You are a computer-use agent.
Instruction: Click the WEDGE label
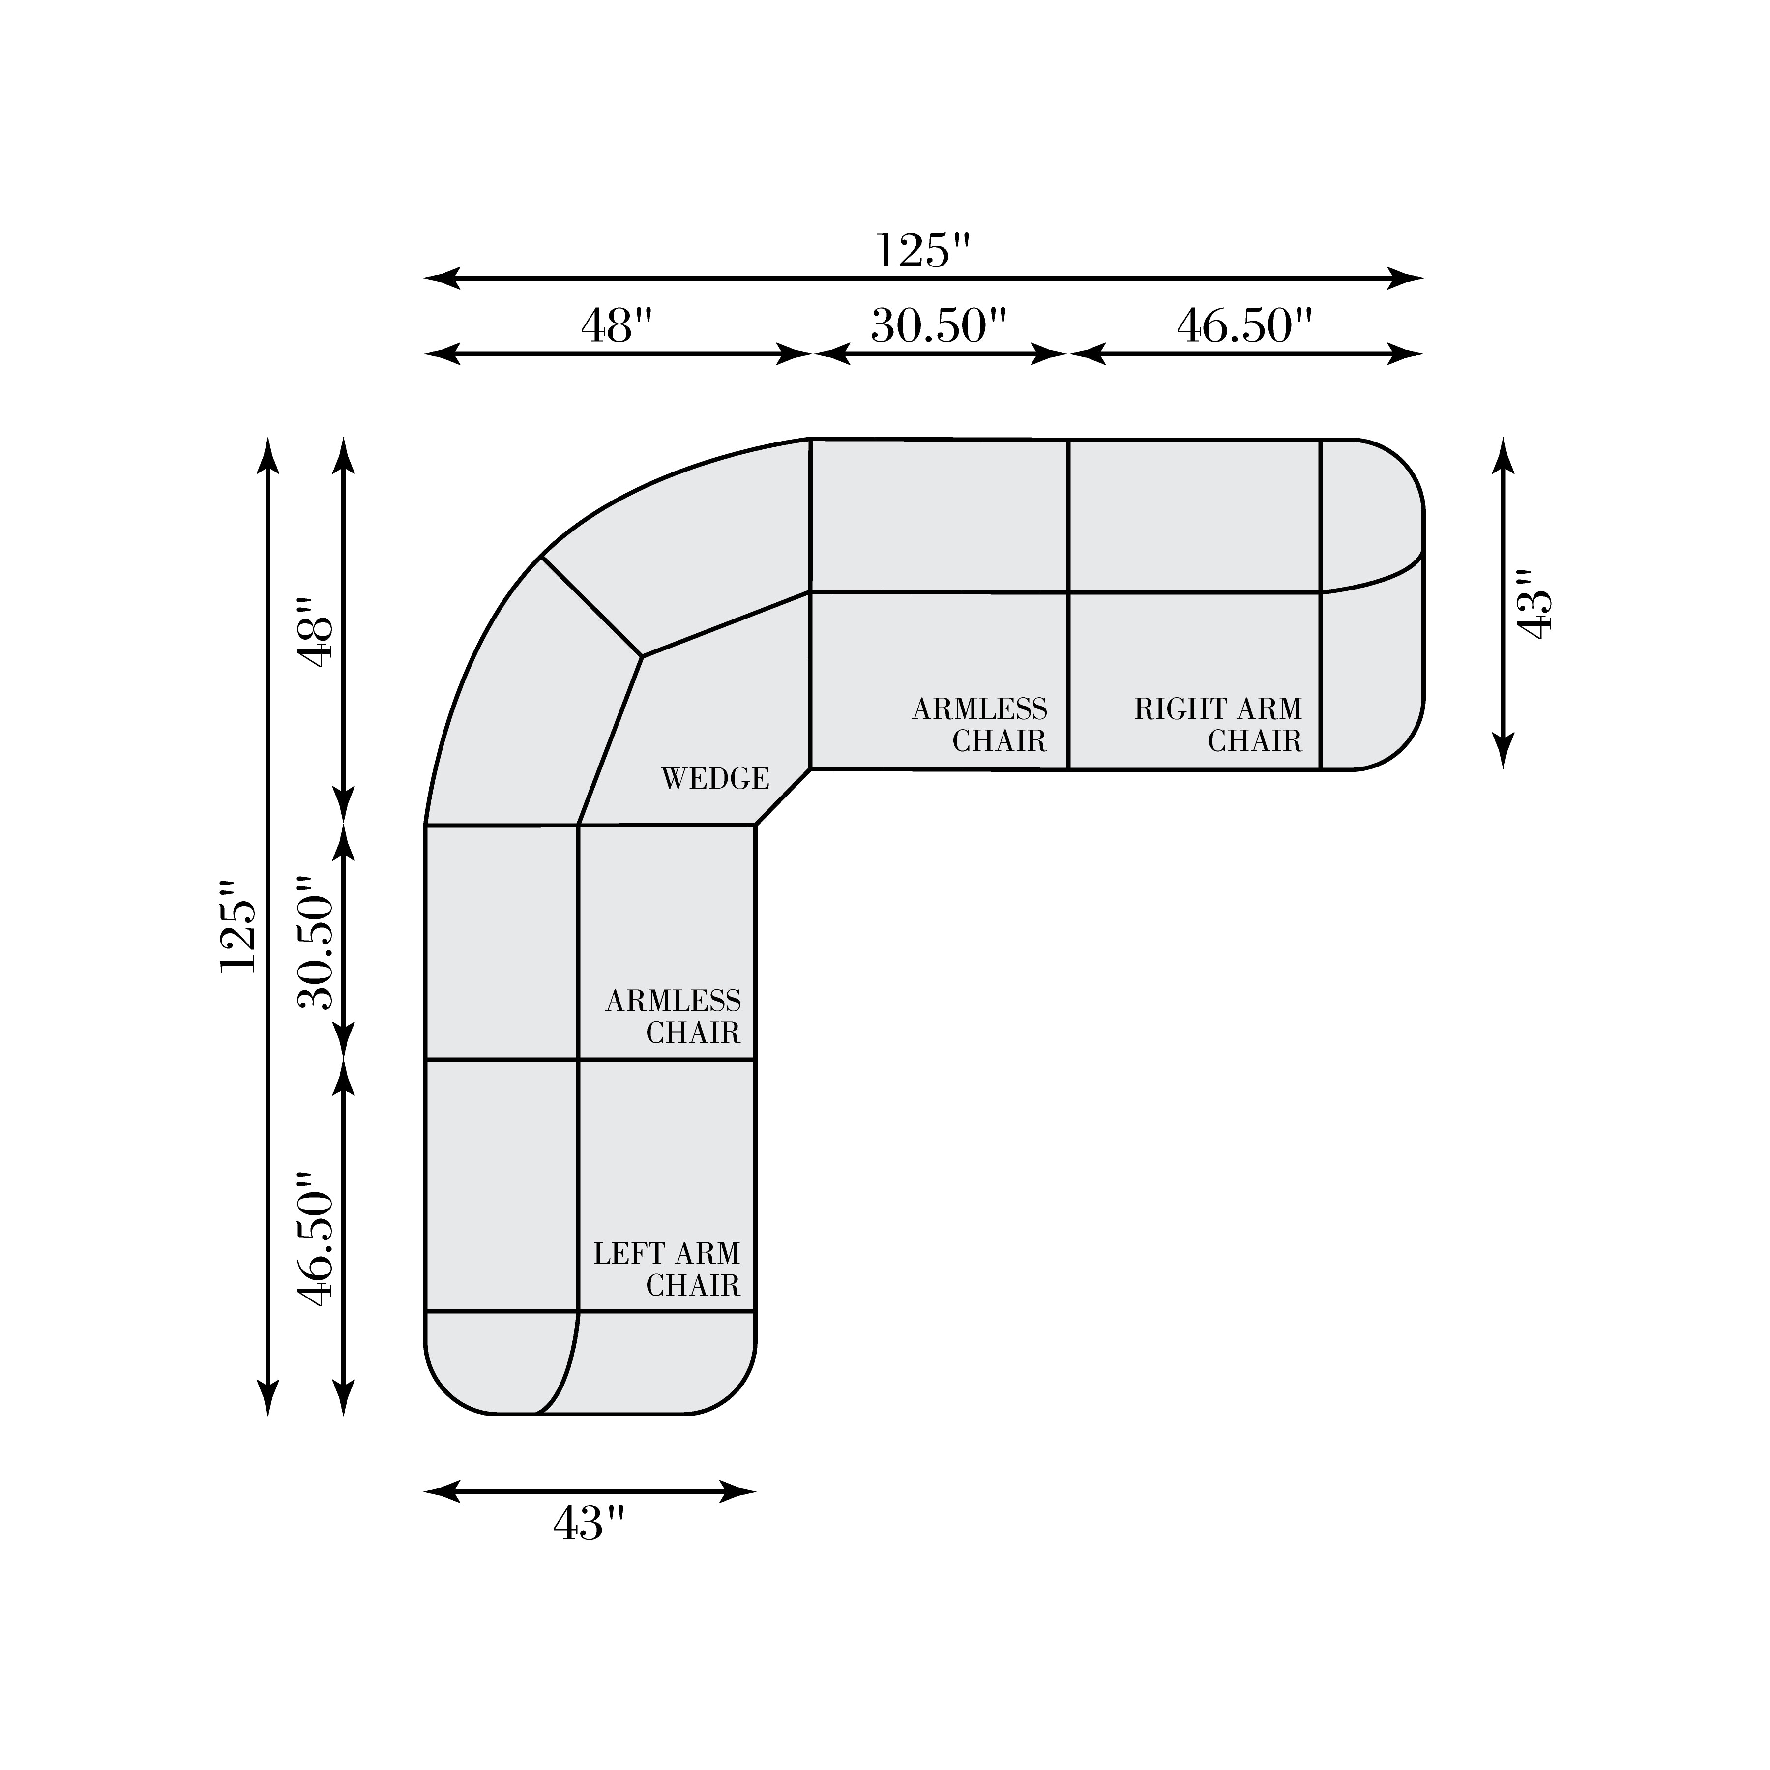click(714, 779)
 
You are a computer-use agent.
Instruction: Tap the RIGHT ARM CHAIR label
click(1217, 725)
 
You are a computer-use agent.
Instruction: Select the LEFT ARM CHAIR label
click(666, 1270)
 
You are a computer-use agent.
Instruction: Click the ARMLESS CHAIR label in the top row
click(979, 725)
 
